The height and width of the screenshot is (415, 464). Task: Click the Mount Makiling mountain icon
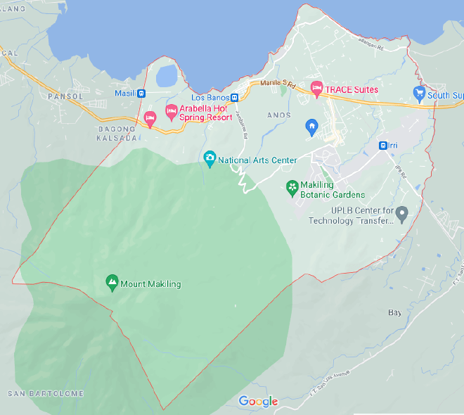click(111, 283)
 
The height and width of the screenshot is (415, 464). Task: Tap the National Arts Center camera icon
click(209, 160)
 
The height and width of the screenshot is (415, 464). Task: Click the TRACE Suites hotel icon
click(316, 89)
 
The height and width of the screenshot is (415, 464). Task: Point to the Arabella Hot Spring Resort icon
click(171, 111)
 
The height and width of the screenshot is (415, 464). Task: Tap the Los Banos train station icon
click(235, 98)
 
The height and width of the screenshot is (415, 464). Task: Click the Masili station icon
click(141, 93)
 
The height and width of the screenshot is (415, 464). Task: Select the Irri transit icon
click(382, 146)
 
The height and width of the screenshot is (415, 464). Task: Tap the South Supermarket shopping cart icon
click(420, 94)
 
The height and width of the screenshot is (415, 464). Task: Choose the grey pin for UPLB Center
click(402, 213)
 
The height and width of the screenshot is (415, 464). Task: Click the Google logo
click(258, 402)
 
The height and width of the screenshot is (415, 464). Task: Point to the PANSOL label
click(65, 96)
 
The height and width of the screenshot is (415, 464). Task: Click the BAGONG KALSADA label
click(117, 134)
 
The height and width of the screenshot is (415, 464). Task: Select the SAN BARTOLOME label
click(46, 394)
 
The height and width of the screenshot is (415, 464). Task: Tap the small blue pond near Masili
click(167, 76)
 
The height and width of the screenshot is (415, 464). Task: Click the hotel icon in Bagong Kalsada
click(150, 118)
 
